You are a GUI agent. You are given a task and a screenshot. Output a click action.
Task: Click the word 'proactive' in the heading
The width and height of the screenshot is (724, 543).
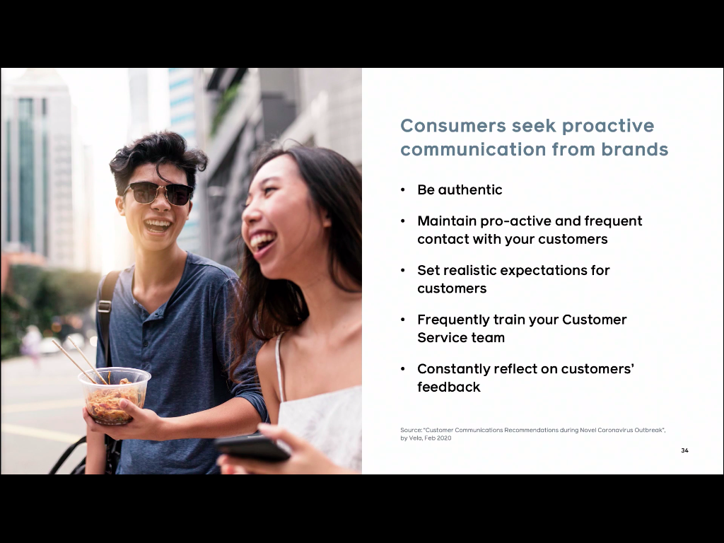pos(607,126)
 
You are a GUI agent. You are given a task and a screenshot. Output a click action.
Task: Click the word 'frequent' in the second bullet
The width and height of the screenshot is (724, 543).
pos(613,221)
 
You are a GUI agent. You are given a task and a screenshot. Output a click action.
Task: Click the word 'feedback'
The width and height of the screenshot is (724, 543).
pos(449,387)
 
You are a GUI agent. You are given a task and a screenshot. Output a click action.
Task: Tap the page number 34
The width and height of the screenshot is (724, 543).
pos(684,450)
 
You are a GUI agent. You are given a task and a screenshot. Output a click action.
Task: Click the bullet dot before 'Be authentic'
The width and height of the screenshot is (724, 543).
pos(402,189)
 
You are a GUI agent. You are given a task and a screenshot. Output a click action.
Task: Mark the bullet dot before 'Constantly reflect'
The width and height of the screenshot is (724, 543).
pos(402,369)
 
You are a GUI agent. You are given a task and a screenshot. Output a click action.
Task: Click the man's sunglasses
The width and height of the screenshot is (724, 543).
pos(158,192)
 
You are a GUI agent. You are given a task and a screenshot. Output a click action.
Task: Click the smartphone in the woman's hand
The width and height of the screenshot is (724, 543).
pos(252,448)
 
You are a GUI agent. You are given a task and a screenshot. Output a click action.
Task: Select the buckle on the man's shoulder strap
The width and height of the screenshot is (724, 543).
pos(105,305)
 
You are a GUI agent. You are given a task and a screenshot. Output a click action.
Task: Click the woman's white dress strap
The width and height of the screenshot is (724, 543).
pos(279,367)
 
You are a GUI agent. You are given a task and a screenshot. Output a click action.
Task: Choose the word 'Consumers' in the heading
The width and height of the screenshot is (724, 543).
pos(453,126)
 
